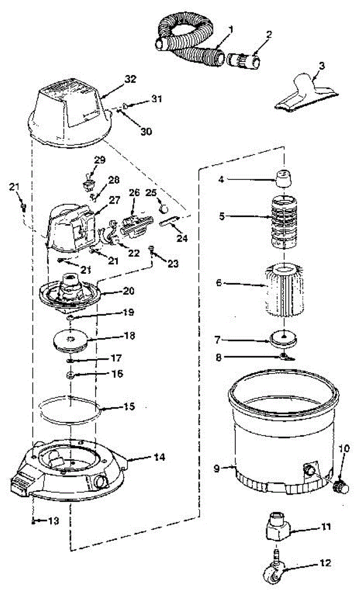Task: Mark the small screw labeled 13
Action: pos(33,521)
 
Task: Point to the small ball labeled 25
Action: pos(163,204)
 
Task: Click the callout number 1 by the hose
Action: pos(231,29)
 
